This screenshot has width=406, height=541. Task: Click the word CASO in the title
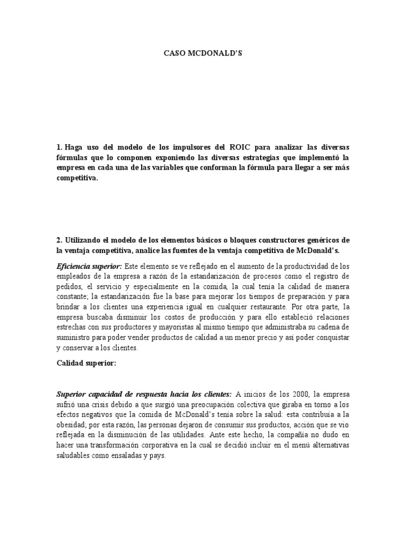pos(173,53)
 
